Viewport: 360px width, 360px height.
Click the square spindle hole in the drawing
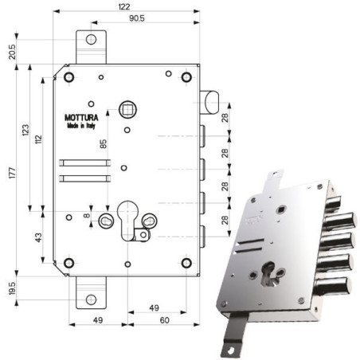127,108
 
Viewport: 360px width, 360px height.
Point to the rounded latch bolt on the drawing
209,100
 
